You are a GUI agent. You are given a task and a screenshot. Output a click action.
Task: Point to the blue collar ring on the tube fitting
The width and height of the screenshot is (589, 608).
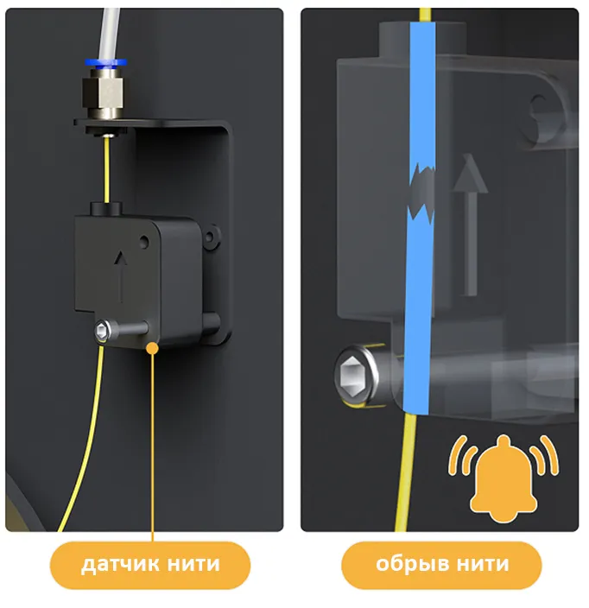click(106, 62)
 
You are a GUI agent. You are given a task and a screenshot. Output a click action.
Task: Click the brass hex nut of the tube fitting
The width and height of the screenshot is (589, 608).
click(103, 92)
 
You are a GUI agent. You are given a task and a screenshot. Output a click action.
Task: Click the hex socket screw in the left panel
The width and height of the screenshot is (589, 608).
click(102, 331)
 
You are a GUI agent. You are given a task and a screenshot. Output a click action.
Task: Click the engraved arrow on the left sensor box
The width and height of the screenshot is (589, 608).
click(121, 276)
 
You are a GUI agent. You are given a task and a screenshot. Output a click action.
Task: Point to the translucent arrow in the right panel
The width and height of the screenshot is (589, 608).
click(470, 225)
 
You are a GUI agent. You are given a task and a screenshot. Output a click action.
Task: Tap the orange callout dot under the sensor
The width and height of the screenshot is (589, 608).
click(153, 348)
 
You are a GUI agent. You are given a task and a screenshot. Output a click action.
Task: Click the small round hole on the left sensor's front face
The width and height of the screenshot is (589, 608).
click(144, 241)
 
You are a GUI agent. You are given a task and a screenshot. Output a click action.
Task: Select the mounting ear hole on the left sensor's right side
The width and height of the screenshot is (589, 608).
click(209, 236)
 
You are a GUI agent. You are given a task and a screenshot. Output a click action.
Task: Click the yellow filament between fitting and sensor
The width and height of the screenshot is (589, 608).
click(107, 170)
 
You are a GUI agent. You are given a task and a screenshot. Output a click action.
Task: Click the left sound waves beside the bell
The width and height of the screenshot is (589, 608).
click(462, 455)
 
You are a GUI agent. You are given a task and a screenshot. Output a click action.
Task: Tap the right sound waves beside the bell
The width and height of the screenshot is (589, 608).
click(544, 455)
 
